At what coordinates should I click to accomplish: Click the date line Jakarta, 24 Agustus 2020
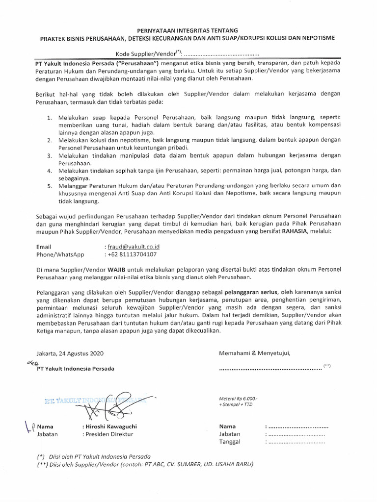[x=70, y=353]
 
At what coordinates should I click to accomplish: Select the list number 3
[x=50, y=155]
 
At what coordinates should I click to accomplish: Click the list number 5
[x=50, y=186]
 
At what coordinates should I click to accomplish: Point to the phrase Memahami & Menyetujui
[x=255, y=352]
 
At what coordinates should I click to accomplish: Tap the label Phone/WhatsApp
[x=60, y=254]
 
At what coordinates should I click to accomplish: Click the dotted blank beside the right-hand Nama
[x=296, y=426]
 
